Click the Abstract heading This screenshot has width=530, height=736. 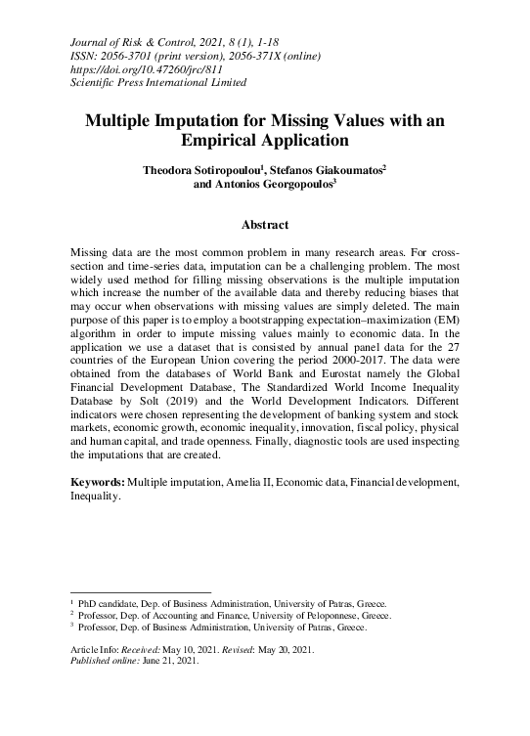point(265,225)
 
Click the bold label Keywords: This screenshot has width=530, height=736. point(99,482)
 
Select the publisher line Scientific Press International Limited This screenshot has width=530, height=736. point(156,86)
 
